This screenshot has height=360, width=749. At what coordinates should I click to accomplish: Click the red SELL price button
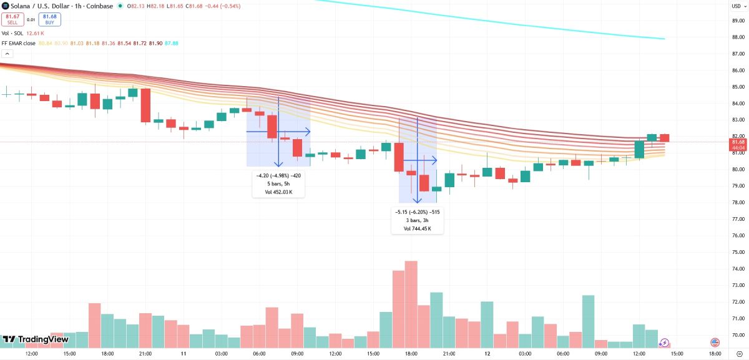[12, 19]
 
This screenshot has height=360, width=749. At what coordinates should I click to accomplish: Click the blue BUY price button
[50, 19]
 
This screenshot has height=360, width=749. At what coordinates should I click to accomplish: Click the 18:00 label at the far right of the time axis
[715, 354]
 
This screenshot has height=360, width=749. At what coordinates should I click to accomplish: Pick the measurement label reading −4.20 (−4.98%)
[278, 175]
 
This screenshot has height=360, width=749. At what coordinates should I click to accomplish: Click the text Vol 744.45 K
[417, 228]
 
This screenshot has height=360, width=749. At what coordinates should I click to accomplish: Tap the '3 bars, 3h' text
[417, 220]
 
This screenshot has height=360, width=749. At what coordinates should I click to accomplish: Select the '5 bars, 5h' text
[278, 183]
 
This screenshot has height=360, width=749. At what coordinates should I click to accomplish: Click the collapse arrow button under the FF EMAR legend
[7, 54]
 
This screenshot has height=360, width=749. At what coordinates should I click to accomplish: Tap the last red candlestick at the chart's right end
[665, 138]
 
